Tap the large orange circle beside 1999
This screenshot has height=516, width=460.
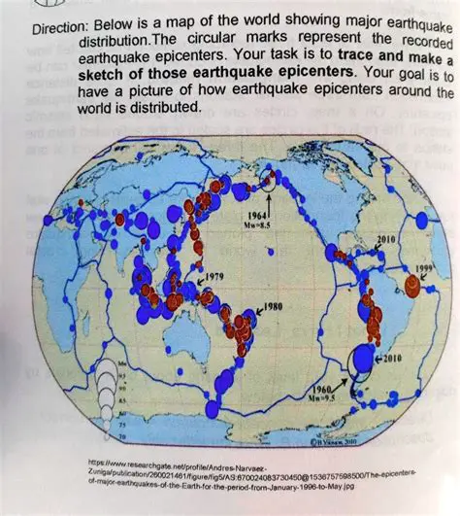click(x=413, y=285)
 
